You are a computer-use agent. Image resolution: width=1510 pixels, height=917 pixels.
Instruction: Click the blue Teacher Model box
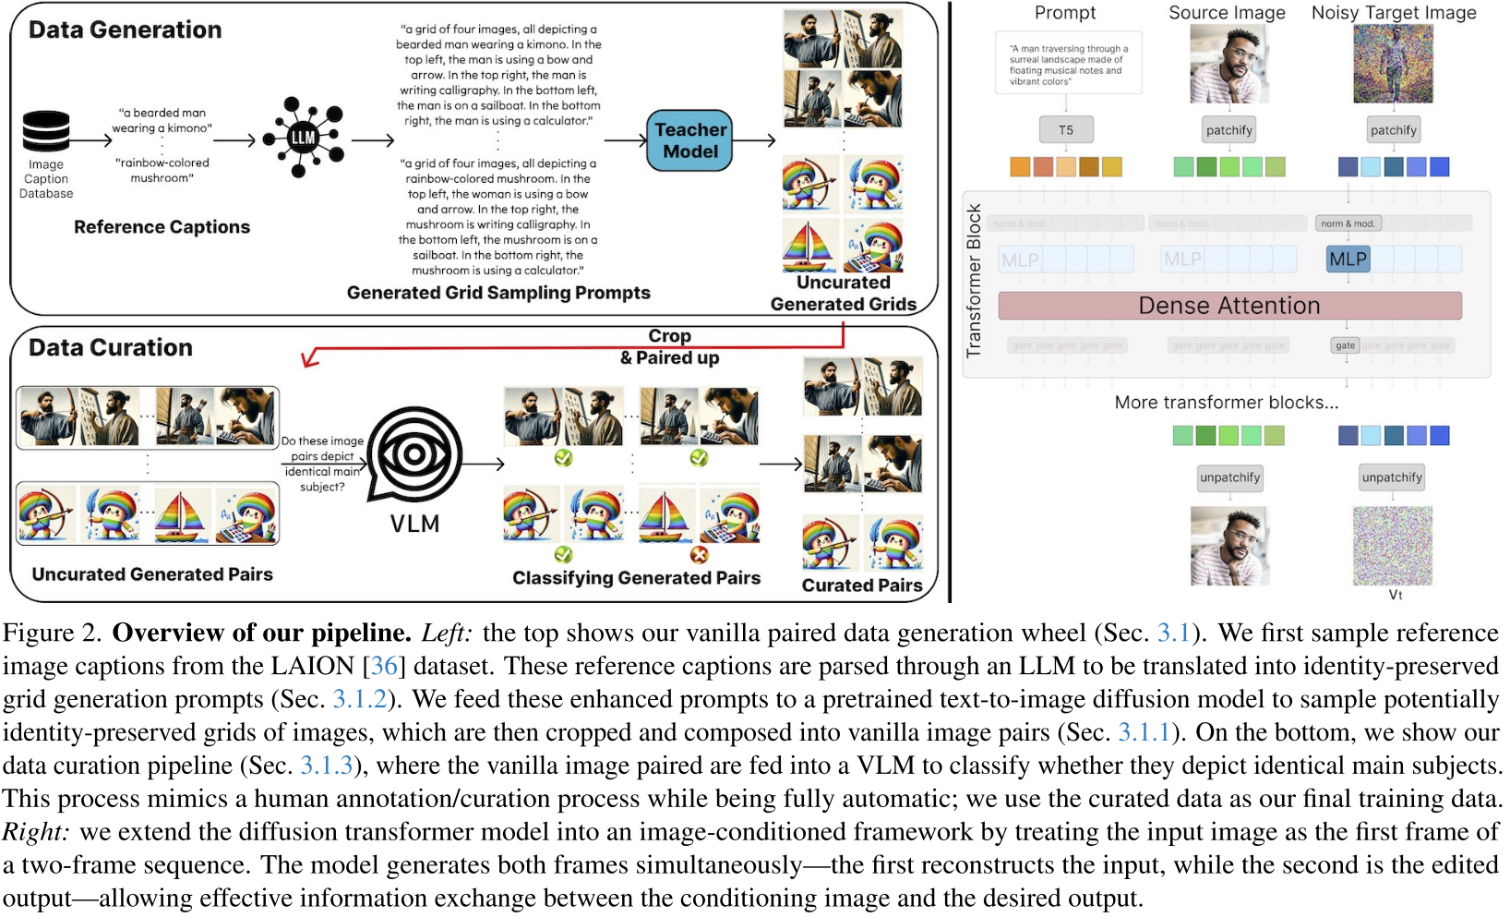(689, 140)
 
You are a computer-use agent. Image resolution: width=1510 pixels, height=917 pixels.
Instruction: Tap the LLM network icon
(304, 138)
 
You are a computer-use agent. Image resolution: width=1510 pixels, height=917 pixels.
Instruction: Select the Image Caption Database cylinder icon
(46, 131)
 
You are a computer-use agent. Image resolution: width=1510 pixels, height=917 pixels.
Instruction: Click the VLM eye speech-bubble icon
(414, 454)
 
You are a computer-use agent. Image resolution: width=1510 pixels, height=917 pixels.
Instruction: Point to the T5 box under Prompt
(1066, 130)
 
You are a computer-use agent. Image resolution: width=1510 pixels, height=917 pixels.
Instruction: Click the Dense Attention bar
(1229, 306)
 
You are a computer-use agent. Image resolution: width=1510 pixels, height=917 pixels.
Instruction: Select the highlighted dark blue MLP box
(1348, 259)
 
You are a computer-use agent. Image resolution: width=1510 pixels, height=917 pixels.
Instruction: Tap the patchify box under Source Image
(1229, 130)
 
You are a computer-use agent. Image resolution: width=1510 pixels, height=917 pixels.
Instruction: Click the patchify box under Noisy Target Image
(1393, 130)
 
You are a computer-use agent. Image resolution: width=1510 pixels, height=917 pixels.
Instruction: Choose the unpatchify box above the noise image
(1392, 477)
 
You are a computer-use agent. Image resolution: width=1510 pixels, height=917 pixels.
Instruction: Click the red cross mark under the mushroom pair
(699, 555)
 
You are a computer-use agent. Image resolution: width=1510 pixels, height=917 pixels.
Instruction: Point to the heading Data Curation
(111, 348)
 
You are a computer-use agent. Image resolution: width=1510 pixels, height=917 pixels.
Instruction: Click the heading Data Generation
(126, 30)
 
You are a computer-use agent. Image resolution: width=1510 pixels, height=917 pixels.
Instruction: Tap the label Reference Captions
(162, 227)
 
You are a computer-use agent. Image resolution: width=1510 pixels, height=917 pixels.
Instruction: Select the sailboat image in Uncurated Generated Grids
(809, 245)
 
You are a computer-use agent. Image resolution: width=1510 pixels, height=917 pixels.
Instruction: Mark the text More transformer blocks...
(1226, 403)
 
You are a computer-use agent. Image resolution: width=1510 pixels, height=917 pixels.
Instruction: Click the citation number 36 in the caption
(384, 667)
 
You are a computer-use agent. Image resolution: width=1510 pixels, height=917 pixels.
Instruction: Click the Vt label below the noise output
(1395, 596)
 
